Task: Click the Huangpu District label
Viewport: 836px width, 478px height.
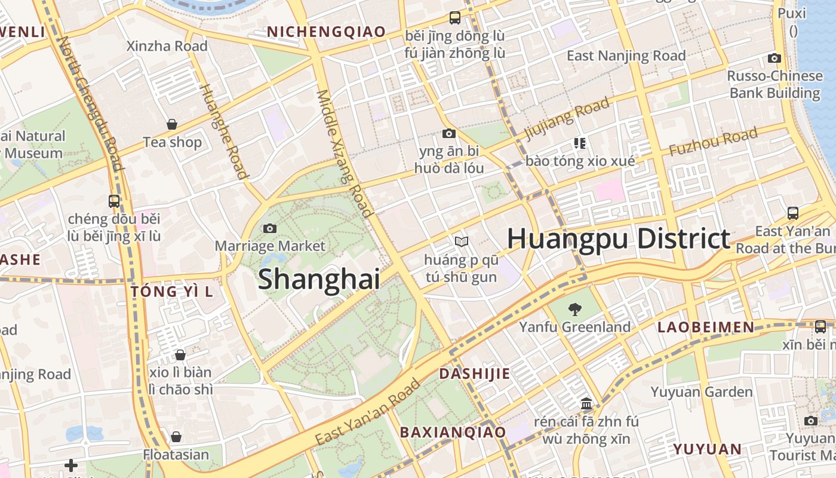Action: coord(619,239)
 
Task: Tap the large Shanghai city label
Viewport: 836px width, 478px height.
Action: coord(319,280)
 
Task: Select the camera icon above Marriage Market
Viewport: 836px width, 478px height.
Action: coord(270,228)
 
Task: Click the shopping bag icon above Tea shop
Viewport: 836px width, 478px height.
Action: coord(172,124)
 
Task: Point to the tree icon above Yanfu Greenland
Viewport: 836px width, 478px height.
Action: coord(574,309)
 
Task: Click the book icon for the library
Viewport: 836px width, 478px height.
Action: coord(461,241)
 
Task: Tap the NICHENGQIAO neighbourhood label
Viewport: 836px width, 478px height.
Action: coord(326,32)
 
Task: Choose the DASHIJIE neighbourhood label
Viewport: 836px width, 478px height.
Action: coord(475,374)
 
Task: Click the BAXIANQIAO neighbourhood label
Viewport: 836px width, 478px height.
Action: coord(453,432)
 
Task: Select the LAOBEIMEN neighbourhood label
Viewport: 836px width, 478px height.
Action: coord(706,327)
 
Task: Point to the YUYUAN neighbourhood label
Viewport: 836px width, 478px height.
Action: coord(708,449)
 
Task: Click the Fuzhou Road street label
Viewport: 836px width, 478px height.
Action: coord(713,142)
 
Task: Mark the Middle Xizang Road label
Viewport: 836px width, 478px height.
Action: coord(345,153)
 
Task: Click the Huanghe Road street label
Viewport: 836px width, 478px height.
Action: coord(223,131)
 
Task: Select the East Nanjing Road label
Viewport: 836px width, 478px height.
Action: coord(626,56)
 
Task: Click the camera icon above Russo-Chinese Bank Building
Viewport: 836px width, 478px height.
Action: coord(774,58)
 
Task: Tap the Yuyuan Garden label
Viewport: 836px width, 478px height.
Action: coord(702,392)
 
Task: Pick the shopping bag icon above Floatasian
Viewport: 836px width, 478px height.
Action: coord(176,437)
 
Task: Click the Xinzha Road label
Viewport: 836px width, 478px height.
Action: coord(167,46)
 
